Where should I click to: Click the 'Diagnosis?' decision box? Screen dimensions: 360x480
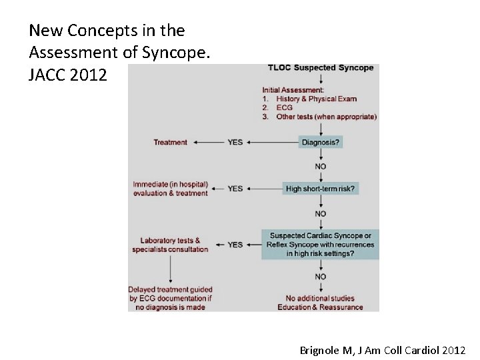(x=321, y=142)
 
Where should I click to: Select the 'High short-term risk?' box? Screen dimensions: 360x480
(x=321, y=189)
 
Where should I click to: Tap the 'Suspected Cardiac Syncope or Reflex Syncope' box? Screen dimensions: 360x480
(x=321, y=245)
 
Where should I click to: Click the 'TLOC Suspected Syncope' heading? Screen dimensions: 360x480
(x=321, y=68)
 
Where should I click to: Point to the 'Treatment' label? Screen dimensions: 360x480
(x=171, y=142)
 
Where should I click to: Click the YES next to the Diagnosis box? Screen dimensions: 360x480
(x=235, y=142)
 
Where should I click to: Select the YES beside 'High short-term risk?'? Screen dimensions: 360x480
(x=235, y=189)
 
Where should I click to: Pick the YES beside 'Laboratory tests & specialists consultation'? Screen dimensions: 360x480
(x=235, y=245)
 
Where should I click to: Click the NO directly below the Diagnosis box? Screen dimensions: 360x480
(x=321, y=166)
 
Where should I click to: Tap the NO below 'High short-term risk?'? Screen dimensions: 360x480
(x=321, y=214)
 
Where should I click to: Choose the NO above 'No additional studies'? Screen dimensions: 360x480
(x=321, y=277)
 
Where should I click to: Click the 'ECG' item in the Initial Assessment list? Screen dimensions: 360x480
(x=285, y=108)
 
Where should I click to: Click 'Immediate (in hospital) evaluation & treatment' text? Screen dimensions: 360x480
(x=170, y=189)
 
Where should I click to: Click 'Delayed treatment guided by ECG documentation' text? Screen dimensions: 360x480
(x=171, y=298)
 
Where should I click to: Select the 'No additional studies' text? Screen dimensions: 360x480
(x=320, y=298)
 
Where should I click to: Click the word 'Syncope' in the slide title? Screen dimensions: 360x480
(x=180, y=52)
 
